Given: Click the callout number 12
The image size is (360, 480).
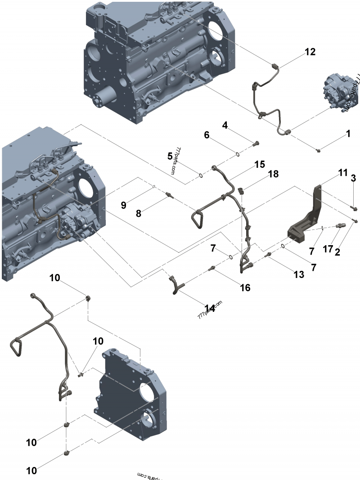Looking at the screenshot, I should coord(310,52).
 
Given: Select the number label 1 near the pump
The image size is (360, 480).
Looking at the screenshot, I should coord(348,134).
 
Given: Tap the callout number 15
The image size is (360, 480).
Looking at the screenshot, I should coord(260,165).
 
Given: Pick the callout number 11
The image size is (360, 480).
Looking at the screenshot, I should coord(343,172).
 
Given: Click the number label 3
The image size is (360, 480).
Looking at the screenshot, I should coord(354,179).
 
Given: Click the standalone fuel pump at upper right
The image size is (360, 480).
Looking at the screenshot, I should coord(338,93).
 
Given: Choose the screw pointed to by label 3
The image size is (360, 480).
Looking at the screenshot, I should coord(354,208).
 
